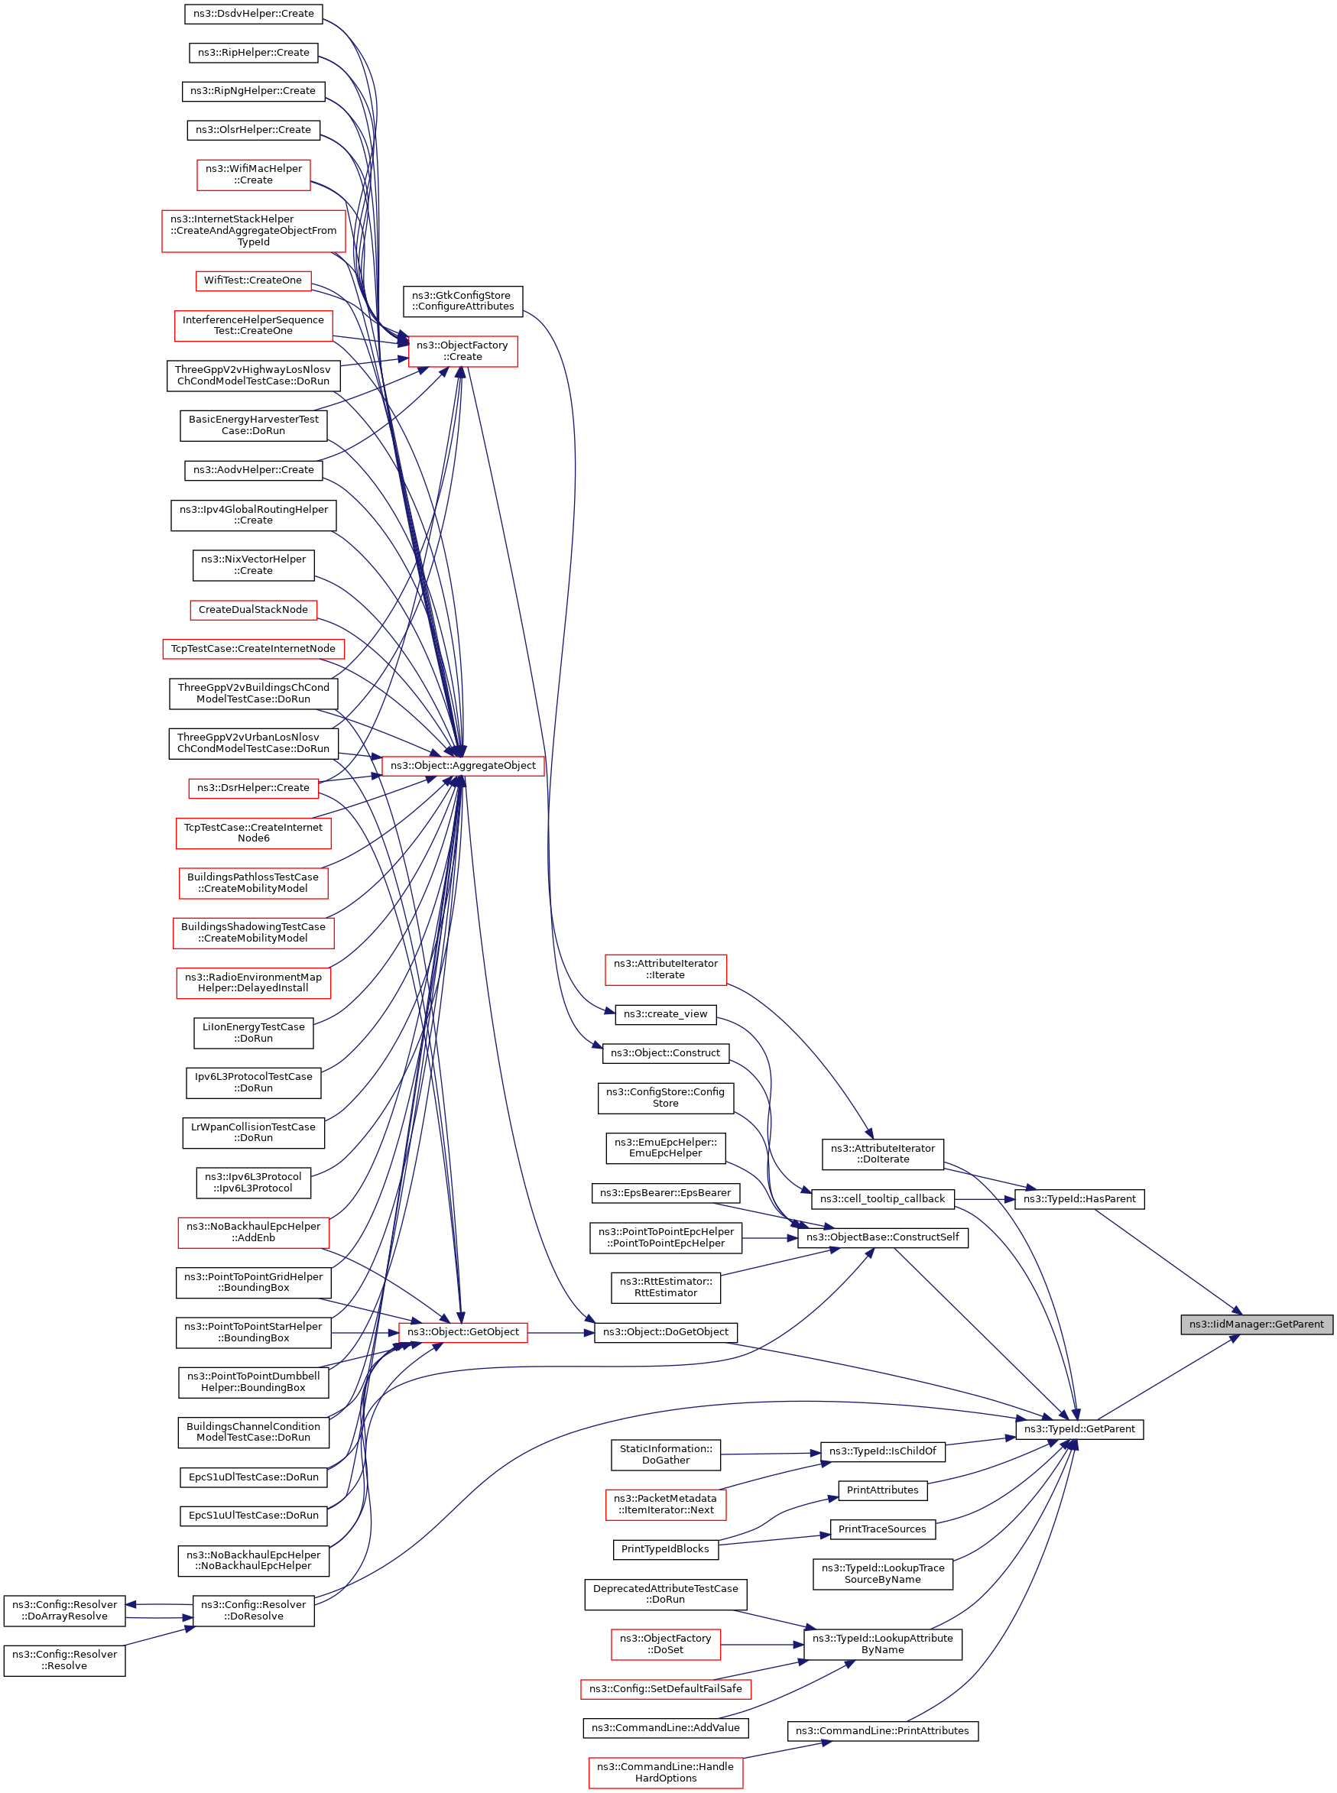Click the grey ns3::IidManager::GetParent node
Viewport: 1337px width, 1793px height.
click(1255, 1324)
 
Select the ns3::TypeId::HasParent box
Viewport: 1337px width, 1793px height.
click(1079, 1198)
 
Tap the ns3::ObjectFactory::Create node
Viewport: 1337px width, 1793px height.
click(462, 350)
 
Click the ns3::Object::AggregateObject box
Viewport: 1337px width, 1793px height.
click(462, 764)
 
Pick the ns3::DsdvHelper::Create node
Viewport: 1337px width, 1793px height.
click(253, 14)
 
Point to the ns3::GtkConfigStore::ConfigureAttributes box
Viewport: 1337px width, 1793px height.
click(462, 301)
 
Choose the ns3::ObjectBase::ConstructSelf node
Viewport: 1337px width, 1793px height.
click(882, 1237)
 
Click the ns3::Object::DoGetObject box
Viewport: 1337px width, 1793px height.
click(665, 1332)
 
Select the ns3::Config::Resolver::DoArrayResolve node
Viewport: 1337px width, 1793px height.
click(65, 1610)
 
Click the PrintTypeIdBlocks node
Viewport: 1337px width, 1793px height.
click(665, 1548)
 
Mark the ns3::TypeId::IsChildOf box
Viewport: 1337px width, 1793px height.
click(882, 1451)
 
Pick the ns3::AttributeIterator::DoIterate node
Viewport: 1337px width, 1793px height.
click(882, 1154)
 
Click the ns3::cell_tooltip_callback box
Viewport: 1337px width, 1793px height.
click(882, 1198)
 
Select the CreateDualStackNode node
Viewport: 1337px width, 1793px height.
click(253, 609)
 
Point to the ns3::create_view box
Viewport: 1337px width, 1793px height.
click(665, 1014)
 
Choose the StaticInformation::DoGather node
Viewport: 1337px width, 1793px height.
click(665, 1454)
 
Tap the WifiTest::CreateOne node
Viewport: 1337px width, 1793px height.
click(253, 280)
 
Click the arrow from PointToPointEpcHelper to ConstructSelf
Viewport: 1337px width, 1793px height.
click(769, 1237)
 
